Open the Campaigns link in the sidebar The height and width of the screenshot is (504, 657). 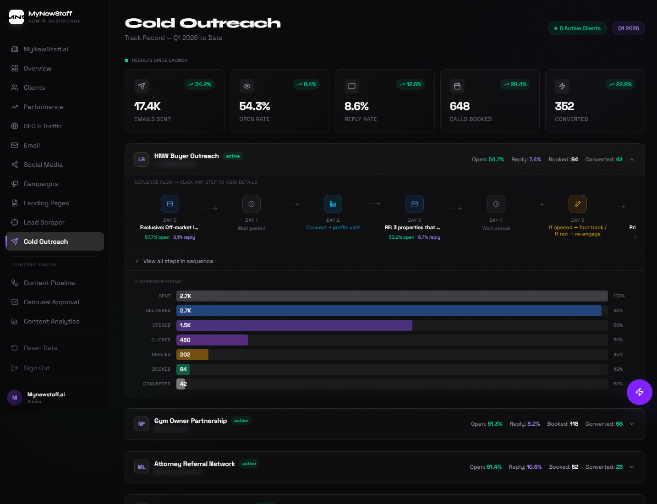pyautogui.click(x=41, y=184)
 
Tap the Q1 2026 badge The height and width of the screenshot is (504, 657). pyautogui.click(x=628, y=28)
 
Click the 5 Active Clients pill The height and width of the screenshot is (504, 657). pyautogui.click(x=577, y=28)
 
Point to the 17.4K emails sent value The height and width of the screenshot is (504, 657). pyautogui.click(x=147, y=106)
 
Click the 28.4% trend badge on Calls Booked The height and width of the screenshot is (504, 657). pyautogui.click(x=515, y=84)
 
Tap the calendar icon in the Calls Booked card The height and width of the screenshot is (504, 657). pyautogui.click(x=457, y=86)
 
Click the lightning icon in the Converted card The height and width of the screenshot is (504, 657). pyautogui.click(x=562, y=86)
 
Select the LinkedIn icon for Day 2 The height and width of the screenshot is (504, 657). pyautogui.click(x=333, y=204)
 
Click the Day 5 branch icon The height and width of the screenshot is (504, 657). pyautogui.click(x=577, y=204)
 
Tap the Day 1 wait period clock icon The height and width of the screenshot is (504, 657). pyautogui.click(x=252, y=204)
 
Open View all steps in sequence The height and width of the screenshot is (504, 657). pyautogui.click(x=178, y=261)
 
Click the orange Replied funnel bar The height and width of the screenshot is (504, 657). pyautogui.click(x=192, y=355)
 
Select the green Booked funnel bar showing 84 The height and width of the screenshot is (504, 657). pyautogui.click(x=183, y=369)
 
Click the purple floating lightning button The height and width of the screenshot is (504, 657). pyautogui.click(x=639, y=392)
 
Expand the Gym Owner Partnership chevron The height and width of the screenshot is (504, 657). pyautogui.click(x=632, y=424)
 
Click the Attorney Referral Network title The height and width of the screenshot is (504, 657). pyautogui.click(x=194, y=464)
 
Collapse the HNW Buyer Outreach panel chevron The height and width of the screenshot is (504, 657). pyautogui.click(x=632, y=159)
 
